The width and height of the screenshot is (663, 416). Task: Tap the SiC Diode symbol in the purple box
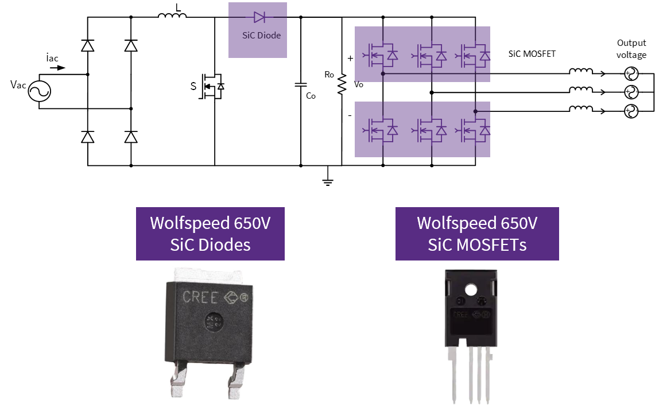(x=259, y=17)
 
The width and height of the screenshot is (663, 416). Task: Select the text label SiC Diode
(x=262, y=36)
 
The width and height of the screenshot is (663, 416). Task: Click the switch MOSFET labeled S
(x=212, y=87)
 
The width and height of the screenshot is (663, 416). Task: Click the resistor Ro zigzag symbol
(x=342, y=84)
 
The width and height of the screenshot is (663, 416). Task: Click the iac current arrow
(x=57, y=68)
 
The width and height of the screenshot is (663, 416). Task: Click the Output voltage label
(x=631, y=49)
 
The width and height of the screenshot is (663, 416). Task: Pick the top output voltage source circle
(x=630, y=73)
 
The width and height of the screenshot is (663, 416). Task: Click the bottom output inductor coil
(x=581, y=110)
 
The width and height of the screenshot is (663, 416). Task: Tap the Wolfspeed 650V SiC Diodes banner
(x=210, y=234)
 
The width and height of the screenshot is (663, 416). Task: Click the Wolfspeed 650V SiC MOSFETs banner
(x=477, y=234)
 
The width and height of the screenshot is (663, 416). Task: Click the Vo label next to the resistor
(x=359, y=84)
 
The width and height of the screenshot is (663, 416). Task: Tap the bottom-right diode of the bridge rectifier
(x=131, y=137)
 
